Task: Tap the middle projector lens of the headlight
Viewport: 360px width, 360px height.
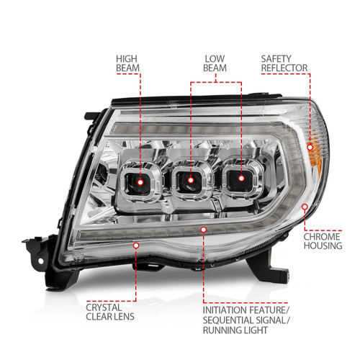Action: click(x=191, y=179)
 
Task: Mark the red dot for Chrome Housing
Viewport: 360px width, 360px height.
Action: click(x=306, y=207)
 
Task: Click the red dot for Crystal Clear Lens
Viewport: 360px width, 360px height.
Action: click(x=135, y=246)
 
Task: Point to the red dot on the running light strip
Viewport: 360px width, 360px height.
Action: click(x=203, y=229)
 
